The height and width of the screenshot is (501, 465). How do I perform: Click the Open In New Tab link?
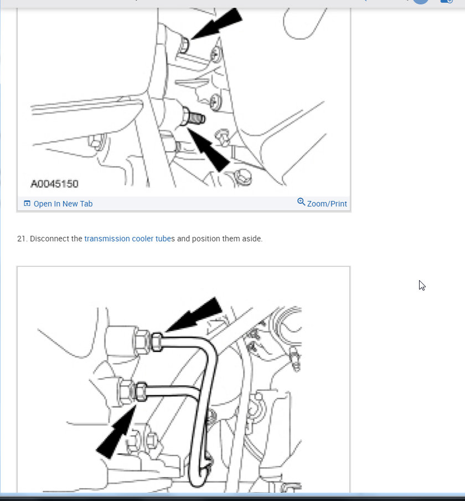pos(63,204)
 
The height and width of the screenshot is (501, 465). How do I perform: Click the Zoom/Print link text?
pos(327,204)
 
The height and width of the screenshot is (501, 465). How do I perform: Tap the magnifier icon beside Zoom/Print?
pos(301,202)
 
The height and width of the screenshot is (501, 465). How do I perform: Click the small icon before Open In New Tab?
pos(27,204)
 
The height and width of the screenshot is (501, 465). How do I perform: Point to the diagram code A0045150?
pos(54,183)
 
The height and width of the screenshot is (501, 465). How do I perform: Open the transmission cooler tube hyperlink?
pos(127,239)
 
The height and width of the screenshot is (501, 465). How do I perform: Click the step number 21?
pos(22,239)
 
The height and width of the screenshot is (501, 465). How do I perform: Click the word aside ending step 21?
pos(251,239)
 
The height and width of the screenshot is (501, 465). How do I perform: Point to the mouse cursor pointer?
pos(422,286)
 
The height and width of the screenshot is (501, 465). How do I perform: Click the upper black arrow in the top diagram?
pos(219,25)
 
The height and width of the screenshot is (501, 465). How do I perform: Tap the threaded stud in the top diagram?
pos(197,118)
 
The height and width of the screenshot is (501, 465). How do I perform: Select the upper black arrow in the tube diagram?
pos(197,316)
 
